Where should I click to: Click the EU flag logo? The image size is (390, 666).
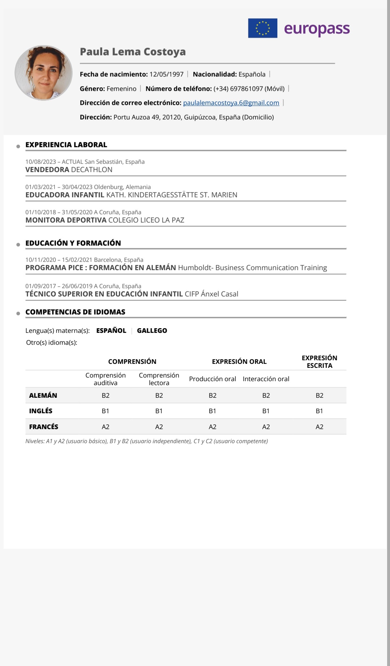tap(263, 28)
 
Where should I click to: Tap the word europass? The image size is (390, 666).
tap(317, 29)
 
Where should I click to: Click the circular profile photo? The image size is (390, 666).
tap(44, 73)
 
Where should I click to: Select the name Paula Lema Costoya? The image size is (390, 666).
tap(133, 52)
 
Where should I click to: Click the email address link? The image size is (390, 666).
tap(231, 103)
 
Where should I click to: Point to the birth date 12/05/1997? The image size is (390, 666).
tap(166, 74)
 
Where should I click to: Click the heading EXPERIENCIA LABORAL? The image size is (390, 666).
tap(66, 145)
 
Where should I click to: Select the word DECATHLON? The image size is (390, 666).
tap(92, 170)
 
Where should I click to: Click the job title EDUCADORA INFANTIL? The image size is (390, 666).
tap(65, 195)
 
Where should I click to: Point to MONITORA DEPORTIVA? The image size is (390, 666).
tap(66, 220)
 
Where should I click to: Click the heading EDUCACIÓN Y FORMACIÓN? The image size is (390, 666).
tap(73, 243)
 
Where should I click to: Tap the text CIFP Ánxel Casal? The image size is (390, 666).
tap(211, 294)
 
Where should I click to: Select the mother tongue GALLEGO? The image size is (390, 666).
tap(152, 331)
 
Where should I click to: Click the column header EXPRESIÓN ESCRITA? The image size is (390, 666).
tap(319, 362)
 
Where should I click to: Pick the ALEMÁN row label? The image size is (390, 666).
tap(43, 396)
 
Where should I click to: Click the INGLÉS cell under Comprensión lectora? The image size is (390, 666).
tap(159, 411)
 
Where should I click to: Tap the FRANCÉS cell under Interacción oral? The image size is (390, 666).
tap(266, 427)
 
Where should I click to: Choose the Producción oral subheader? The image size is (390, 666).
tap(212, 379)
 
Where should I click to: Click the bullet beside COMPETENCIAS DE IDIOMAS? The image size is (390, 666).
tap(18, 313)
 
